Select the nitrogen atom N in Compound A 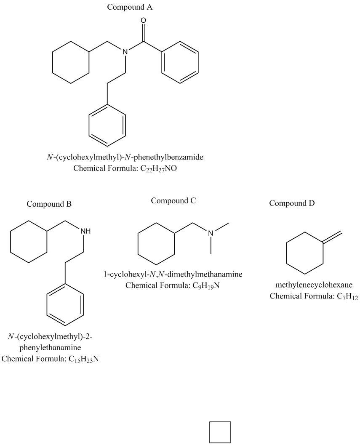[125, 52]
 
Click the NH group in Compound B [85, 231]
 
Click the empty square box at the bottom [220, 432]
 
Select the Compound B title [49, 204]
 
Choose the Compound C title [173, 201]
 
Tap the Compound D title [292, 203]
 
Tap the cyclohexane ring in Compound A [70, 64]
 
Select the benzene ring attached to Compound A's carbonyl [180, 63]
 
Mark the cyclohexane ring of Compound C [156, 243]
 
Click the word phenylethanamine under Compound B [50, 348]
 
